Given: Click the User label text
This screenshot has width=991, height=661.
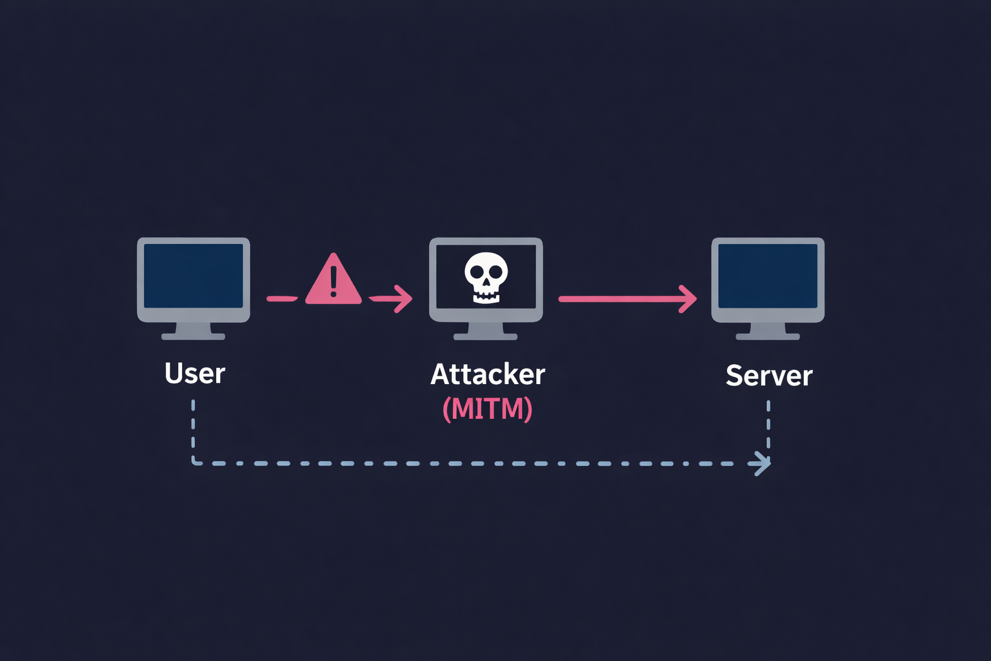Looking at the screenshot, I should click(x=195, y=374).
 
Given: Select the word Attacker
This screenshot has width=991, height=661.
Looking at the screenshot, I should click(x=488, y=374).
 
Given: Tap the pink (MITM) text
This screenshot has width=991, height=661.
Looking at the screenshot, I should click(x=488, y=409).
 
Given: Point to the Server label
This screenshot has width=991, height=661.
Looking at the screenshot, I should click(x=769, y=376).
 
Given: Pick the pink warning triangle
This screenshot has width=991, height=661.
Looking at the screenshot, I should click(x=333, y=281).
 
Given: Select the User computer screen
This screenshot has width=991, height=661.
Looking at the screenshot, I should click(x=194, y=276).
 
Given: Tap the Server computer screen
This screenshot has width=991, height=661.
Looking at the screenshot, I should click(x=768, y=276).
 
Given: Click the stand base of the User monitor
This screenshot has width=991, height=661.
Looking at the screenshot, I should click(x=194, y=336).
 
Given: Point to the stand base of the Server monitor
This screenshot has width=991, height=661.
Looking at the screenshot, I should click(x=768, y=336).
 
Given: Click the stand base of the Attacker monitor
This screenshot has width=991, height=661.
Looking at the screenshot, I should click(x=486, y=336).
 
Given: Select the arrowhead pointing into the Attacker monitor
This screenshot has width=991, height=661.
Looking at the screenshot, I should click(x=405, y=299).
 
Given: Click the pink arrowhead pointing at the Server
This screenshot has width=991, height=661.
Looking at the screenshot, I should click(x=690, y=299).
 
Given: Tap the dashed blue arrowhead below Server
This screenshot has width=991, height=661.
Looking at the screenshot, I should click(x=763, y=463).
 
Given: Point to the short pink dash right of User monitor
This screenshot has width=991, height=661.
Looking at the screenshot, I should click(x=282, y=299).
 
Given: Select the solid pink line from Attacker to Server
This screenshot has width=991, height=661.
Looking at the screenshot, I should click(x=619, y=299).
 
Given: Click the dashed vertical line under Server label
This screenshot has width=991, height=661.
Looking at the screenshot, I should click(x=768, y=426).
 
